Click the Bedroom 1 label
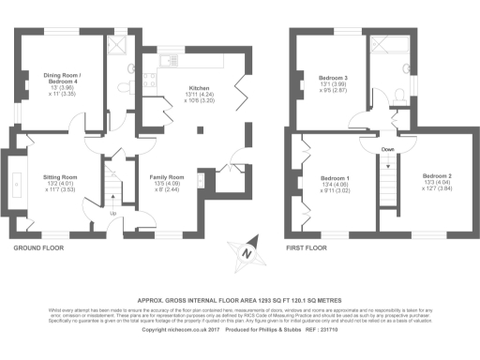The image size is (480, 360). tap(335, 178)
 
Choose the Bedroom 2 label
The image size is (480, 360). tap(436, 176)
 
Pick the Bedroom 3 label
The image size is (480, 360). tap(335, 76)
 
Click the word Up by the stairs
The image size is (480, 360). tap(115, 214)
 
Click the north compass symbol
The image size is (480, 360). tap(245, 249)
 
